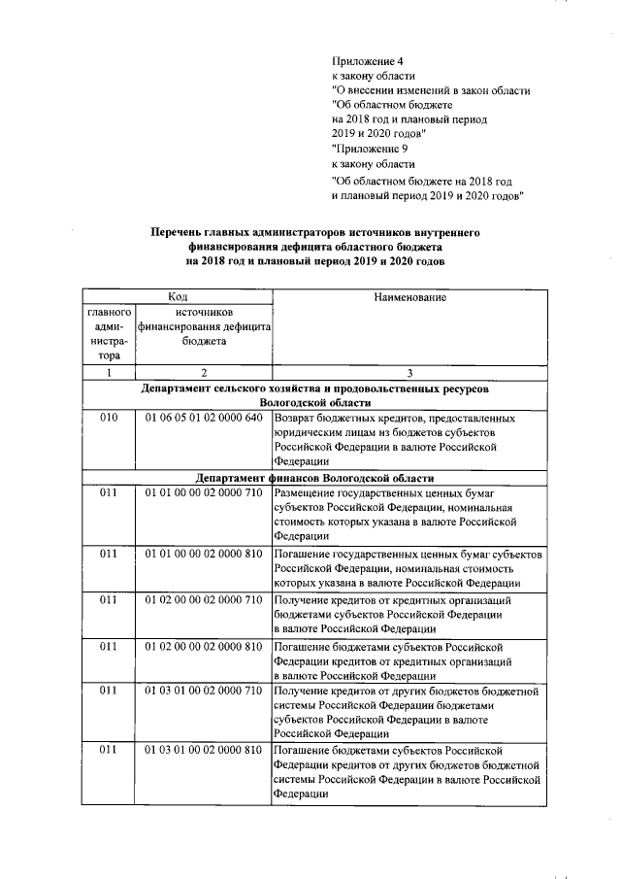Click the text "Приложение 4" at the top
pyautogui.click(x=368, y=60)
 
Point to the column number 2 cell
pyautogui.click(x=204, y=373)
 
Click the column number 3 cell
pyautogui.click(x=409, y=373)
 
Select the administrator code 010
pyautogui.click(x=109, y=418)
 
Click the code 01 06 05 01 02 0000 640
pyautogui.click(x=204, y=418)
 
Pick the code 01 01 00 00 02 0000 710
pyautogui.click(x=204, y=493)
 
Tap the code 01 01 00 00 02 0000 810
pyautogui.click(x=204, y=553)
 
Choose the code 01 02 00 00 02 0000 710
pyautogui.click(x=204, y=599)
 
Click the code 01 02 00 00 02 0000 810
pyautogui.click(x=204, y=645)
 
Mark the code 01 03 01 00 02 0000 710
pyautogui.click(x=204, y=691)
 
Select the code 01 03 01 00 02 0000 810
pyautogui.click(x=204, y=751)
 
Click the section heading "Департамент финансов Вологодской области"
pyautogui.click(x=313, y=478)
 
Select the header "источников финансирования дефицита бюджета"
pyautogui.click(x=204, y=327)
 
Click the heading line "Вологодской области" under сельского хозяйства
pyautogui.click(x=313, y=402)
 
